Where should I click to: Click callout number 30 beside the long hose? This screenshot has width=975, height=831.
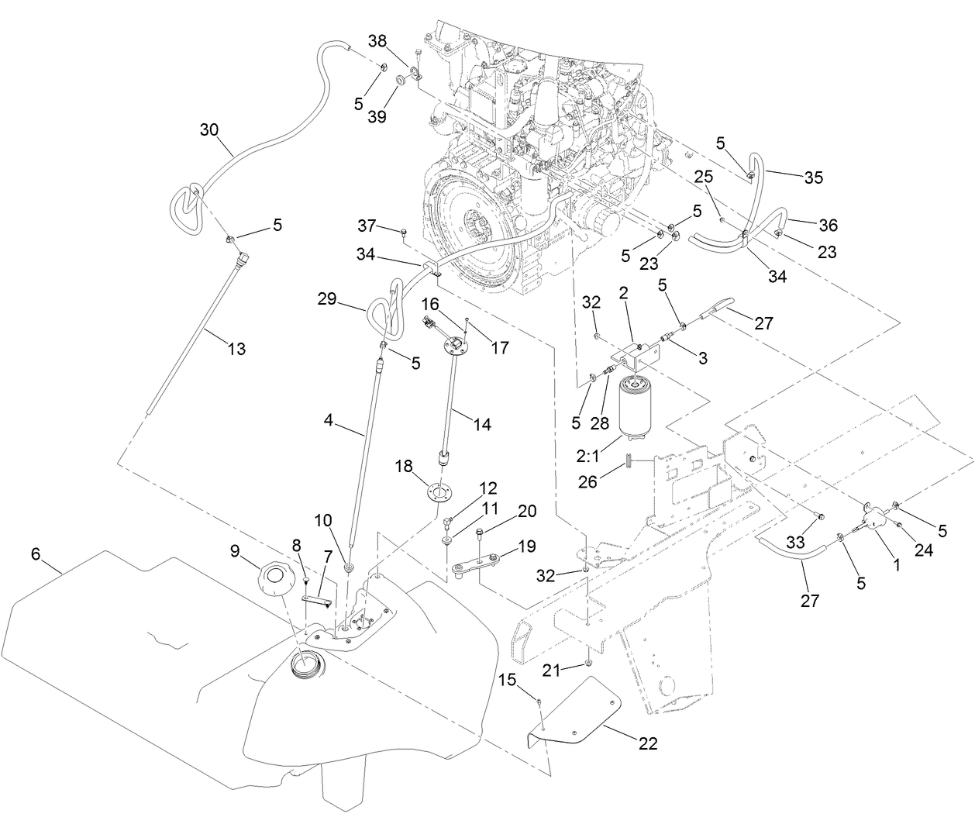(209, 129)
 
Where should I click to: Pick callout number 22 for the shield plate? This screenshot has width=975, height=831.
(648, 743)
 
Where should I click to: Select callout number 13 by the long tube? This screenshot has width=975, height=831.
(237, 349)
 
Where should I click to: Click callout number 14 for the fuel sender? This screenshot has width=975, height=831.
(481, 425)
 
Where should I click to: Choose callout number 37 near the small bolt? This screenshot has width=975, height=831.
(367, 226)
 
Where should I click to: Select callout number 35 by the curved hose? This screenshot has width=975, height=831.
(813, 177)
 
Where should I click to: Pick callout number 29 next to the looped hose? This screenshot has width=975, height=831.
(326, 298)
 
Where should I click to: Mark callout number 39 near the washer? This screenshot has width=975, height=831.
(377, 116)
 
